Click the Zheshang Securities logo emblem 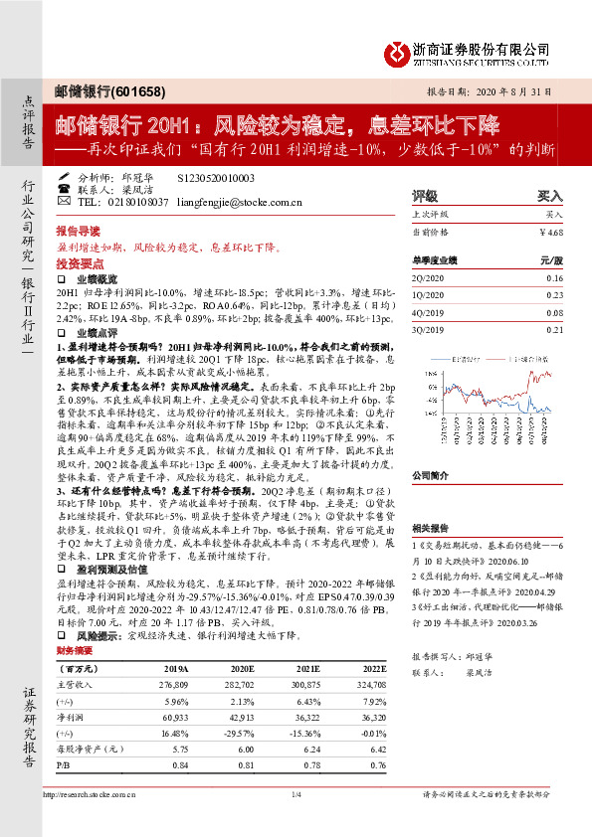[x=400, y=53]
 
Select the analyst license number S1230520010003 [x=215, y=177]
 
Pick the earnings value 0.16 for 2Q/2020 [x=554, y=279]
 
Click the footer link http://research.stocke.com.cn [x=93, y=822]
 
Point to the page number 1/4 [x=296, y=822]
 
